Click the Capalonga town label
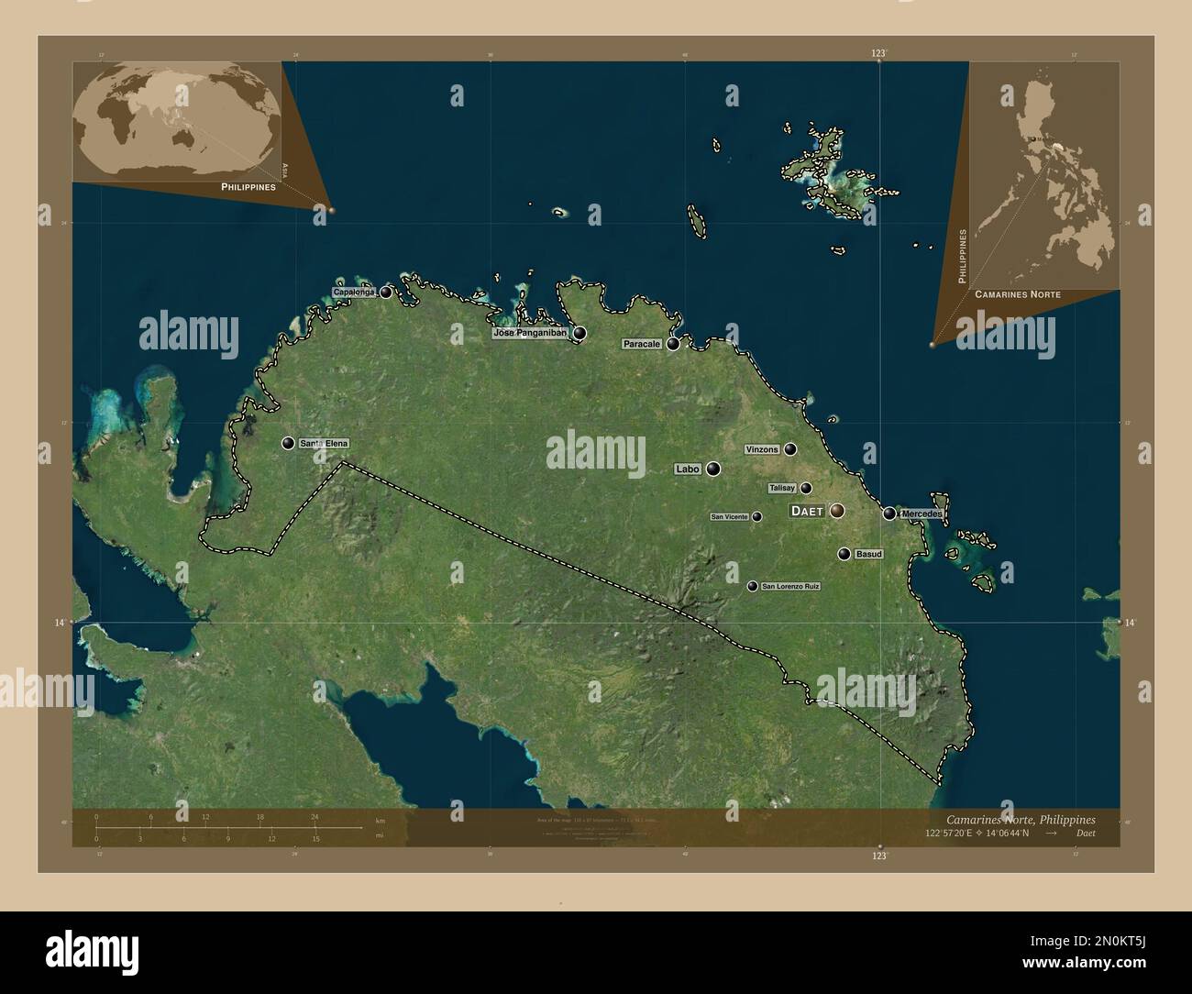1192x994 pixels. click(x=354, y=293)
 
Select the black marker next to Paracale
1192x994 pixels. click(x=673, y=344)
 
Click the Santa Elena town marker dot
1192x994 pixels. click(x=289, y=444)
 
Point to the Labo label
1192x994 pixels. click(x=687, y=469)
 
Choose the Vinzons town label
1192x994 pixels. click(x=762, y=449)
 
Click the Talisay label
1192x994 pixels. click(x=782, y=489)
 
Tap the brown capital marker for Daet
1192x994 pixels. click(x=837, y=511)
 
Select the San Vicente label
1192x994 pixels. click(x=730, y=517)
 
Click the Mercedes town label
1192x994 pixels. click(x=922, y=514)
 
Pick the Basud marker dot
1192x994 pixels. click(x=844, y=554)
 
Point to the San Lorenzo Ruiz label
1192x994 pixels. click(x=790, y=586)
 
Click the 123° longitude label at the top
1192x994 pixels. click(x=879, y=54)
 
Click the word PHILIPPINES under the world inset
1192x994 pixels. click(x=248, y=186)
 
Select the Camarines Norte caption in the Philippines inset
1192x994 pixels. click(x=1018, y=294)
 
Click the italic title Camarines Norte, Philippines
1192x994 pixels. click(x=1019, y=819)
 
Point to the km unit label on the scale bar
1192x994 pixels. click(x=380, y=821)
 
